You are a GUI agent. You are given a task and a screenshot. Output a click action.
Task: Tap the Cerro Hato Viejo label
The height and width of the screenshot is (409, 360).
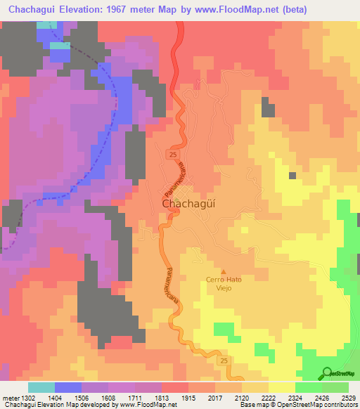point(224,283)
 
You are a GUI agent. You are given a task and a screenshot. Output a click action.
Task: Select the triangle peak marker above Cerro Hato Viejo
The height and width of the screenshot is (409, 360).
point(224,272)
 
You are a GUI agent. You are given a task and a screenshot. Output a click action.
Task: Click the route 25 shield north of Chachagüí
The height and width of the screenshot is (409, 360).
point(172,152)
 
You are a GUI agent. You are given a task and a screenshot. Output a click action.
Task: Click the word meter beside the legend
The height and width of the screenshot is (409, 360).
point(10,398)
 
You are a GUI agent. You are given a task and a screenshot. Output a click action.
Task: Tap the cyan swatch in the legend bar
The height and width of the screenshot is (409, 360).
point(41,387)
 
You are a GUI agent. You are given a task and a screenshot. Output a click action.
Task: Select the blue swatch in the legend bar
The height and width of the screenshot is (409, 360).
point(68,387)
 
